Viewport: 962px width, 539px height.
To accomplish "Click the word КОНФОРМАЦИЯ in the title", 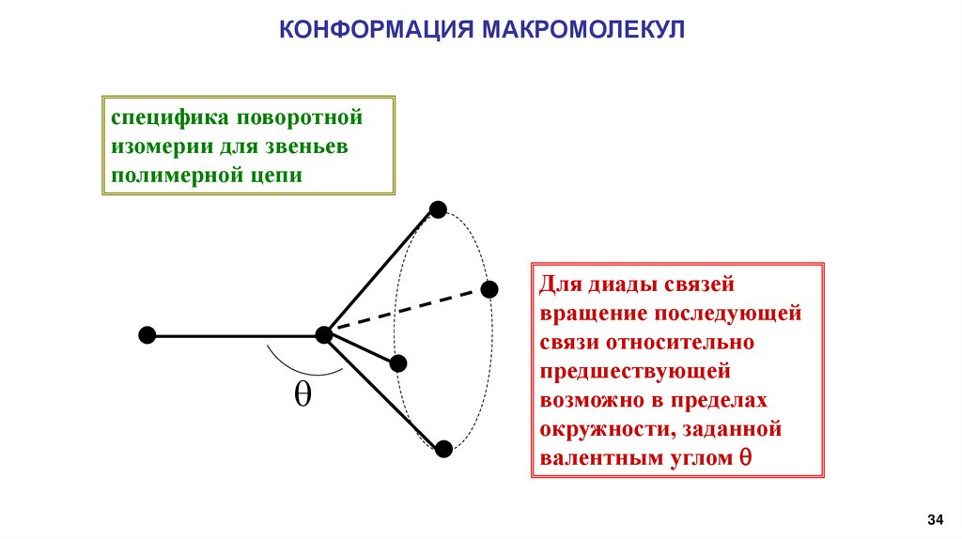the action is (376, 30).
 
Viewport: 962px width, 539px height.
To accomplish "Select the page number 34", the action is (935, 519).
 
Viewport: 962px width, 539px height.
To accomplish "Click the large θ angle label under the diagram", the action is (303, 395).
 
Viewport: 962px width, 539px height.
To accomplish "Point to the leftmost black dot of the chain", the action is (147, 335).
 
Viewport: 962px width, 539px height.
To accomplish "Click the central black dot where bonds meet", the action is (325, 334).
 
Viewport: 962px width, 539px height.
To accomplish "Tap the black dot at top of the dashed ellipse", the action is (437, 208).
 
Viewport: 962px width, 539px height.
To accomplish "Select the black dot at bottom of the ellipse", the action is (444, 449).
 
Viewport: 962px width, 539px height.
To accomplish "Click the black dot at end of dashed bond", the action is (489, 288).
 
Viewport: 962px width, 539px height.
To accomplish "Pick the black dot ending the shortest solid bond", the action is (398, 362).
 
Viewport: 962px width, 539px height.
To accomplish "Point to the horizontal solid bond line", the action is (235, 335).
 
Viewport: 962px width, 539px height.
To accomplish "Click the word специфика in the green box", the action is (171, 119).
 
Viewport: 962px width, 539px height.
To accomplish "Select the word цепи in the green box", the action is (277, 176).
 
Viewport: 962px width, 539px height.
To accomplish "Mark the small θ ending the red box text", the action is (744, 459).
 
